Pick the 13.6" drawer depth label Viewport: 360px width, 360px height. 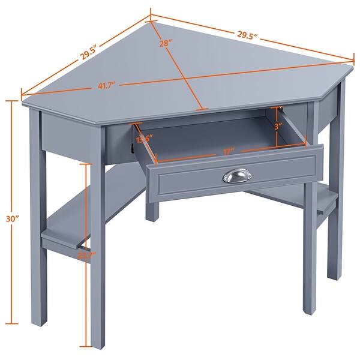[142, 140]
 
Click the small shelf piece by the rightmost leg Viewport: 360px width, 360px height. [325, 205]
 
